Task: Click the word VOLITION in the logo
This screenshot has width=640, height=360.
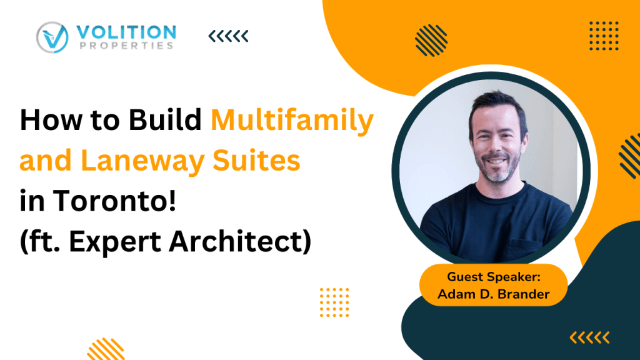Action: pos(126,32)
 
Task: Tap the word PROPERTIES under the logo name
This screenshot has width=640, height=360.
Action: pos(127,46)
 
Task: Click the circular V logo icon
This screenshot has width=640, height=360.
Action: pos(52,37)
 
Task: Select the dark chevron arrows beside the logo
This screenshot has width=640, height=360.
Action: pos(228,36)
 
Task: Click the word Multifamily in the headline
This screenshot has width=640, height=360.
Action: pos(292,121)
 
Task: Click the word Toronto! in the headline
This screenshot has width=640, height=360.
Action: pos(115,201)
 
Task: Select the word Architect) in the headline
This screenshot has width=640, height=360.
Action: pos(240,242)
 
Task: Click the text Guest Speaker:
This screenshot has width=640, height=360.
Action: pos(494,277)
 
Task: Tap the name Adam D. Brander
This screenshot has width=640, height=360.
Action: pos(494,294)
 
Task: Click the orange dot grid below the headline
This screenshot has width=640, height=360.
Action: pos(334,302)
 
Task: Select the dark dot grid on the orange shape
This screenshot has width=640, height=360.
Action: pos(604,36)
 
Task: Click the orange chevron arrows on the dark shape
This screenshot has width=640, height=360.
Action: pos(590,338)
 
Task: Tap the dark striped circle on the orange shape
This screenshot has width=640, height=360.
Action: pos(431,41)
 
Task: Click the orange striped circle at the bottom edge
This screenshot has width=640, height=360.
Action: pos(106,350)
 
